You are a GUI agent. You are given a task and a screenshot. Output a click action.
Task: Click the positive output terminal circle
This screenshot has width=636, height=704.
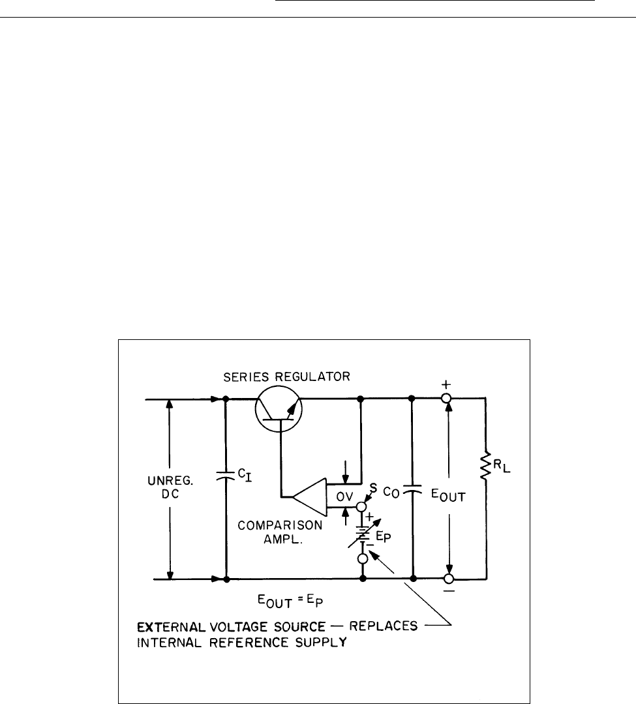(x=448, y=398)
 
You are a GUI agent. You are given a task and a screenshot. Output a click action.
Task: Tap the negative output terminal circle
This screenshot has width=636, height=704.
(x=448, y=579)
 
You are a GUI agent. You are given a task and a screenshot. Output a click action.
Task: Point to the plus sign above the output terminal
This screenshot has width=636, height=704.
(x=447, y=384)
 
